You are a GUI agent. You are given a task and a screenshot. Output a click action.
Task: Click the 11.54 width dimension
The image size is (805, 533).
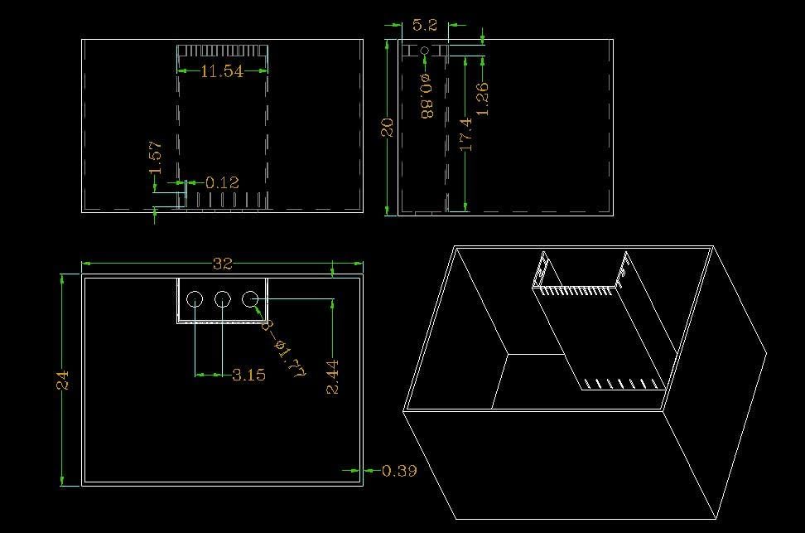pos(222,71)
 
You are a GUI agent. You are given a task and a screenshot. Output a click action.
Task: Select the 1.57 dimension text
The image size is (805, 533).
pos(156,157)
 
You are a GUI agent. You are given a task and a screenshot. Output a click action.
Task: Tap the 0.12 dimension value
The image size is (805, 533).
pos(222,182)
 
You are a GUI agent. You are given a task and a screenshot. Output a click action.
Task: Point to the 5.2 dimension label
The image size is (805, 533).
pos(425,25)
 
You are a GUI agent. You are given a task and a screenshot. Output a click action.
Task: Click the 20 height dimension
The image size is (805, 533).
pos(387,128)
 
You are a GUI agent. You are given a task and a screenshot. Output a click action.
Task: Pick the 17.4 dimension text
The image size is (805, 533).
pos(465,134)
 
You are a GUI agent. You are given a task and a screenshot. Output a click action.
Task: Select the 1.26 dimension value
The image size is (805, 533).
pos(483,99)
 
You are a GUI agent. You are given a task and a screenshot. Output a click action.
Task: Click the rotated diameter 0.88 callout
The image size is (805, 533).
pos(427,96)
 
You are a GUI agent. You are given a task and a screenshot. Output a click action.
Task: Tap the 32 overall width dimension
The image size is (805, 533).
pos(223,264)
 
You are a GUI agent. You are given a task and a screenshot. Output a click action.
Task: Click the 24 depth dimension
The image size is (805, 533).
pos(62,380)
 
